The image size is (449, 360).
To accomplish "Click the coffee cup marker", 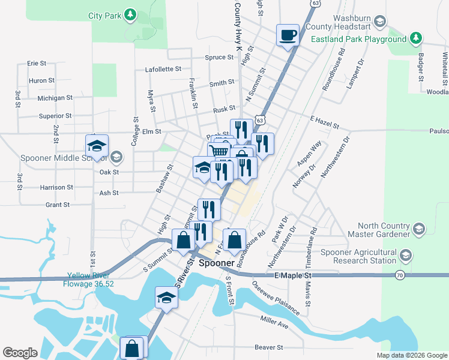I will tap(288, 34).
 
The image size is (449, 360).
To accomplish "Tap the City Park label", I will tap(104, 15).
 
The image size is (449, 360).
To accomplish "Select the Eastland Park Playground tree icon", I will tap(415, 39).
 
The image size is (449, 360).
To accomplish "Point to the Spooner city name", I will tap(216, 263).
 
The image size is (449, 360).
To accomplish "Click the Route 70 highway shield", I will tap(400, 275).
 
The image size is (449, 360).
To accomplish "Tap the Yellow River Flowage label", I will tap(90, 280).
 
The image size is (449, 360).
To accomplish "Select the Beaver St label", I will tap(268, 347).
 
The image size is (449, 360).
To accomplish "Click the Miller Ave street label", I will tap(274, 322).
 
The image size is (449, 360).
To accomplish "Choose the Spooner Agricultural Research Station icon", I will tap(406, 257).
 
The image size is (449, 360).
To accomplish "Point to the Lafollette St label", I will tap(163, 69).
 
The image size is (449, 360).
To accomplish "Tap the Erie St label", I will tap(37, 63).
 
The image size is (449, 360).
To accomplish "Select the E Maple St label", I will tap(294, 275).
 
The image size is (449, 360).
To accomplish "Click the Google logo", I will tap(20, 353).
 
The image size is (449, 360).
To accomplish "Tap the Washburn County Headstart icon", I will tap(379, 22).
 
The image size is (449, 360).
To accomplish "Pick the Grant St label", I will tap(58, 205).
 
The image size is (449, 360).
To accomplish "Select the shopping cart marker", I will tap(220, 152).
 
